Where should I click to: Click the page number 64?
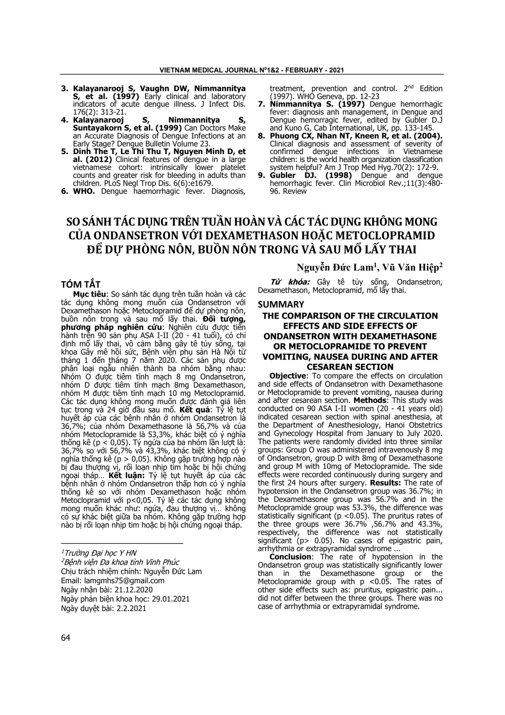(x=65, y=638)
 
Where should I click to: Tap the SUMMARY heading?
(x=281, y=304)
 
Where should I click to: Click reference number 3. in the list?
(x=65, y=88)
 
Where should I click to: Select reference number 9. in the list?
(x=262, y=175)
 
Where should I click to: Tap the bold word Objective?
(x=287, y=376)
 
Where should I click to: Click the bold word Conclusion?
(x=290, y=557)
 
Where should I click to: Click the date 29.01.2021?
(x=165, y=599)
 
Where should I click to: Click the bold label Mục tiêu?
(x=90, y=295)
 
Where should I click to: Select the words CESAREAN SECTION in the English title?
(x=350, y=367)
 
